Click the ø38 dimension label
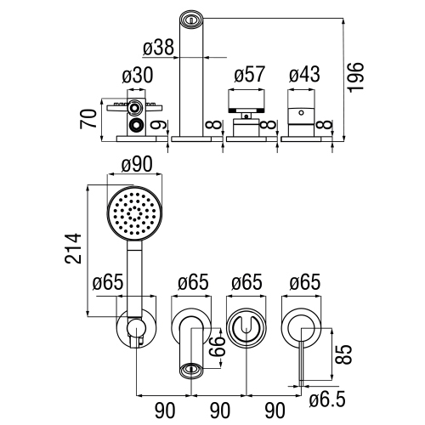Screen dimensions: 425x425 pyautogui.click(x=160, y=49)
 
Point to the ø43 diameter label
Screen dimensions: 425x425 pyautogui.click(x=305, y=75)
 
